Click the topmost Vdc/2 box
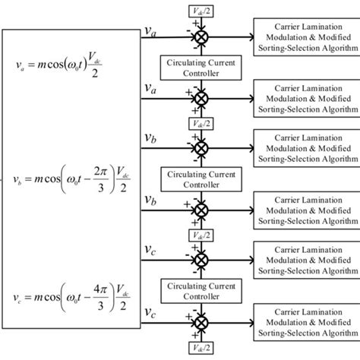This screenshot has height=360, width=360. click(201, 10)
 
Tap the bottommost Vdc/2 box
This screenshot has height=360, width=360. click(201, 349)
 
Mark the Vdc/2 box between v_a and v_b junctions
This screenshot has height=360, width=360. click(201, 124)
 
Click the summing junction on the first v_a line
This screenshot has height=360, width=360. click(201, 36)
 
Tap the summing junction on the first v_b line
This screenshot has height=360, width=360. click(201, 147)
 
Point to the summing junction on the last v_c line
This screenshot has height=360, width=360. click(201, 322)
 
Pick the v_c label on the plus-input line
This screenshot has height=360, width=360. click(151, 314)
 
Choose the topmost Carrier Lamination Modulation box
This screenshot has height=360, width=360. click(308, 36)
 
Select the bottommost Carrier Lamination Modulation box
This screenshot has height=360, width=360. click(308, 322)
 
